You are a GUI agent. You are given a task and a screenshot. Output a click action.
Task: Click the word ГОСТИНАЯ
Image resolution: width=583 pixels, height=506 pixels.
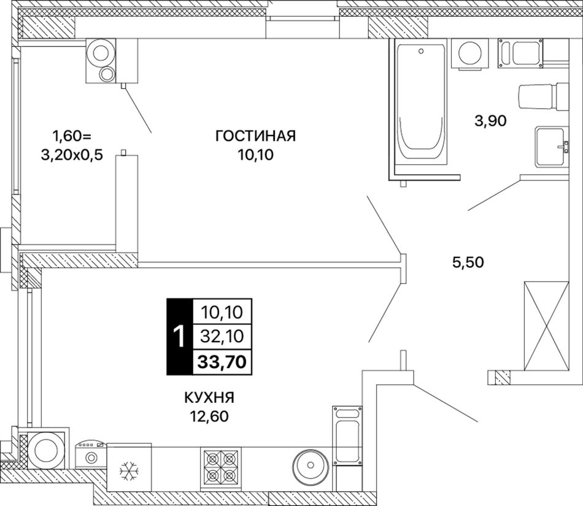pos(255,136)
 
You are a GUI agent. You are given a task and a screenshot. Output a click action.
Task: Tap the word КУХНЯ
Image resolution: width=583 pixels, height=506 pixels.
pos(210,398)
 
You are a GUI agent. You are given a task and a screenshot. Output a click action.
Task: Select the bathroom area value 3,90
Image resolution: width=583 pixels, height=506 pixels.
pos(490,121)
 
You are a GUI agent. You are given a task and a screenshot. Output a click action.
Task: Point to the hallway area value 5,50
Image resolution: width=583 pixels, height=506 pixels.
pos(468,263)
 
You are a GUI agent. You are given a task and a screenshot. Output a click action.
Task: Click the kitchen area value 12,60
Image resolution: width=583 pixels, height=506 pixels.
pos(209,417)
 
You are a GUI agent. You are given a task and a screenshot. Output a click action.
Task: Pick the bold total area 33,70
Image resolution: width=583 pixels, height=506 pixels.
pos(222,361)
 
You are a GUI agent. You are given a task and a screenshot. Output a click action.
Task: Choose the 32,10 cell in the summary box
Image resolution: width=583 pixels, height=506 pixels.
pos(222,336)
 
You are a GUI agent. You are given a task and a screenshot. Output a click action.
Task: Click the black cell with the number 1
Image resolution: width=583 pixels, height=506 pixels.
pos(179,336)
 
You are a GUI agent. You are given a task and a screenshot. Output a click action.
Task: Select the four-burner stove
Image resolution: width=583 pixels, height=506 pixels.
pos(220,467)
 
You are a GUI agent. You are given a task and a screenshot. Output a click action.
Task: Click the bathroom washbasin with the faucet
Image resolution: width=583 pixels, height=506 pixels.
pos(552,146)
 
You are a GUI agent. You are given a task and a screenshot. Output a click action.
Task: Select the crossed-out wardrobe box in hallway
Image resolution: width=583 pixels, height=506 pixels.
pos(546,326)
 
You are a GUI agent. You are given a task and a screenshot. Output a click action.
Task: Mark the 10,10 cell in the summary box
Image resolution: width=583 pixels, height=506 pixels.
pos(222,312)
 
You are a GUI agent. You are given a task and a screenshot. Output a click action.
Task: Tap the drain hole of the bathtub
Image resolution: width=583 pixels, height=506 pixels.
pos(421,50)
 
